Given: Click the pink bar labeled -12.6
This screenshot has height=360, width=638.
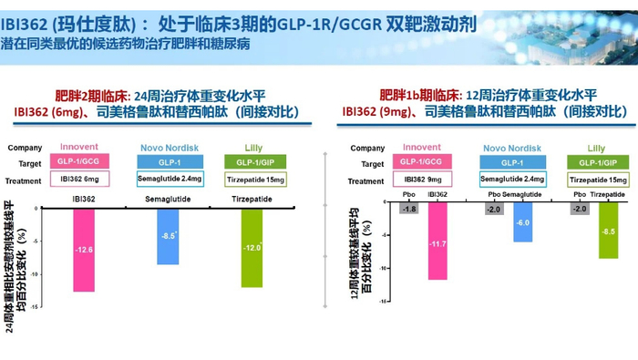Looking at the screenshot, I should (85, 250).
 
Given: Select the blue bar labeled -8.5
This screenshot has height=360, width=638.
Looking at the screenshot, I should (168, 236).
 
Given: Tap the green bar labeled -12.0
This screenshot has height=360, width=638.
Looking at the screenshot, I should (252, 247).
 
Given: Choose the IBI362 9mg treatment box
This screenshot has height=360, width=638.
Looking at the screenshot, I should (422, 180).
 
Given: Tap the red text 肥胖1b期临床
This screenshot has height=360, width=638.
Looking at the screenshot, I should (420, 95).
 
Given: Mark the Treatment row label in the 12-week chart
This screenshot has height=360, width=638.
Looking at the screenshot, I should (365, 180).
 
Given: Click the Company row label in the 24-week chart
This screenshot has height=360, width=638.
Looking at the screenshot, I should (26, 146).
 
